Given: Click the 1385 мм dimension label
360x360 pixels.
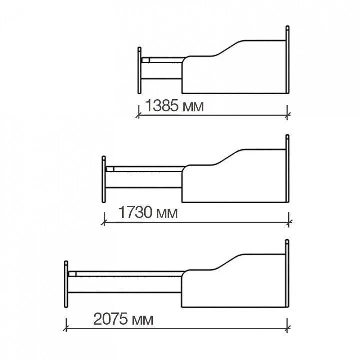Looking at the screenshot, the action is pos(174,106).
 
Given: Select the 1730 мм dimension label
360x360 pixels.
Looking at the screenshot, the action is pos(148,212).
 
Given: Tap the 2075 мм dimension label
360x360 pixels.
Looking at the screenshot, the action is pos(123,319).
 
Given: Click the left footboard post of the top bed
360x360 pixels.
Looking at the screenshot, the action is pos(139,70).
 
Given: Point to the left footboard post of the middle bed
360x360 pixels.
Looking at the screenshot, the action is pos(104,179).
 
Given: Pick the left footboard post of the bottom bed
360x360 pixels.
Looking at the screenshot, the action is pos(66,284).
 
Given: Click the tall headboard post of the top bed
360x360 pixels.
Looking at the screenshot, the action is pos(287,60).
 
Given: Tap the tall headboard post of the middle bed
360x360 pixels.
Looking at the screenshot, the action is pos(287,169).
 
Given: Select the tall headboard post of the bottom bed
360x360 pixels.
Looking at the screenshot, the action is pos(287,273).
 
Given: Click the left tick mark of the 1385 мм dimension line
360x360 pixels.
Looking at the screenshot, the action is pos(139,113).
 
